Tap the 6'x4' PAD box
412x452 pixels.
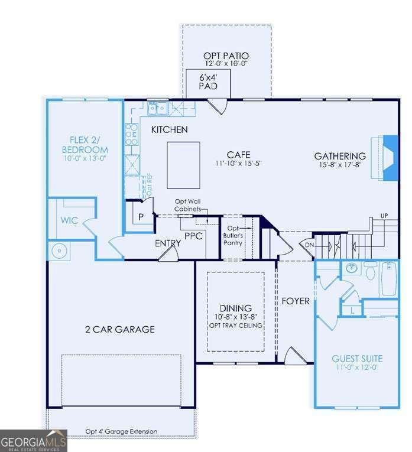click(207, 82)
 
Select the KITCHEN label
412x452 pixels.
click(169, 129)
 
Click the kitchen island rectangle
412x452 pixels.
click(183, 165)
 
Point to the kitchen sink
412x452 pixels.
click(157, 108)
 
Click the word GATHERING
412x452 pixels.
click(340, 156)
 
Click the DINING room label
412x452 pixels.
click(235, 308)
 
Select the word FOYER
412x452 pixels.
click(296, 301)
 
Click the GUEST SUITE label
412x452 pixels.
click(356, 359)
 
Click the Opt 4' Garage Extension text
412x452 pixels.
click(121, 431)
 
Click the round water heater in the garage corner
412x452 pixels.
click(60, 251)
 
